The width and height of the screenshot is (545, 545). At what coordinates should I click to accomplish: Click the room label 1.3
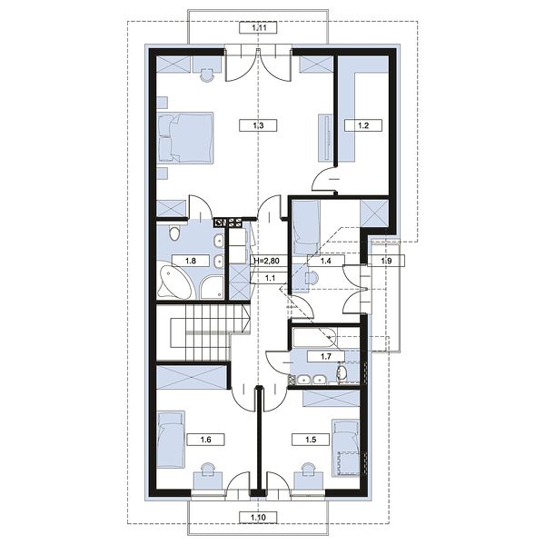coord(258,125)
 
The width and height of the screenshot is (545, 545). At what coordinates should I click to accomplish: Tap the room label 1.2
coord(363,125)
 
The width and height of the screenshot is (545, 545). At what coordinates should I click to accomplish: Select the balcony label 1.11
coord(258,27)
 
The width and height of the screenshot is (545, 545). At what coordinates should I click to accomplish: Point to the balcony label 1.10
coord(258,517)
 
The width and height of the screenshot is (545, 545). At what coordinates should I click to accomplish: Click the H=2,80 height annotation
coord(266,261)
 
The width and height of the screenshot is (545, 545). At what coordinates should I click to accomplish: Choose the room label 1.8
coord(191,261)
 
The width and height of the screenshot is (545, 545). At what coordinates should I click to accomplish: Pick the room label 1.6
coord(206,440)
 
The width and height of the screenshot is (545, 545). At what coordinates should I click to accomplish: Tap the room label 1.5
coord(311,440)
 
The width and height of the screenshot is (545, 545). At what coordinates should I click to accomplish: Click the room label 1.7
coord(326,356)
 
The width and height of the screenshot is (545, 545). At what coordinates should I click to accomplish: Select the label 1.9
coord(386,261)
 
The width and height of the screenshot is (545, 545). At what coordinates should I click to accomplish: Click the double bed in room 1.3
coord(185,137)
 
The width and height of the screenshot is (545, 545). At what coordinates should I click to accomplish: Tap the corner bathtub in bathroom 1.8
coord(174,282)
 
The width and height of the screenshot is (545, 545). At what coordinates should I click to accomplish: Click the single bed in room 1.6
coord(171,440)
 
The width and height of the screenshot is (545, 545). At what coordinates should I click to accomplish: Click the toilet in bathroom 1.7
coord(342,372)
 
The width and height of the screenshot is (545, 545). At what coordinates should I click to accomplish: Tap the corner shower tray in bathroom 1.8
coord(212,287)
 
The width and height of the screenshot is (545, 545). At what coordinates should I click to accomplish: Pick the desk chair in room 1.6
coord(207,469)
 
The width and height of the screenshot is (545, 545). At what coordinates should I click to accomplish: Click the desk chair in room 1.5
coord(309,469)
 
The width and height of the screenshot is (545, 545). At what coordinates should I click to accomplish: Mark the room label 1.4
coord(326,261)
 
